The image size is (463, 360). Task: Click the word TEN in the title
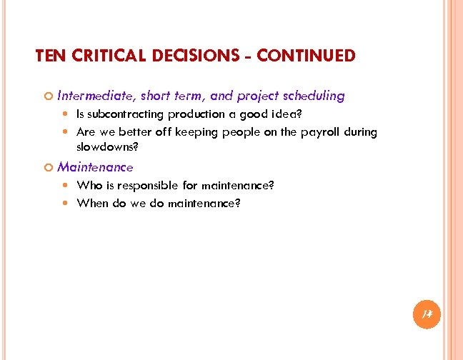click(49, 56)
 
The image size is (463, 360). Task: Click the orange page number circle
click(427, 314)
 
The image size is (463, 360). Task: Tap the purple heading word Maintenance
click(95, 167)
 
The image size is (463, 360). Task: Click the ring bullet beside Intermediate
click(47, 96)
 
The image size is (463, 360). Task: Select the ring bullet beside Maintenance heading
click(47, 168)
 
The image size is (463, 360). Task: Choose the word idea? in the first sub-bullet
click(298, 114)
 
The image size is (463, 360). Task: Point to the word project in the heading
click(258, 95)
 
